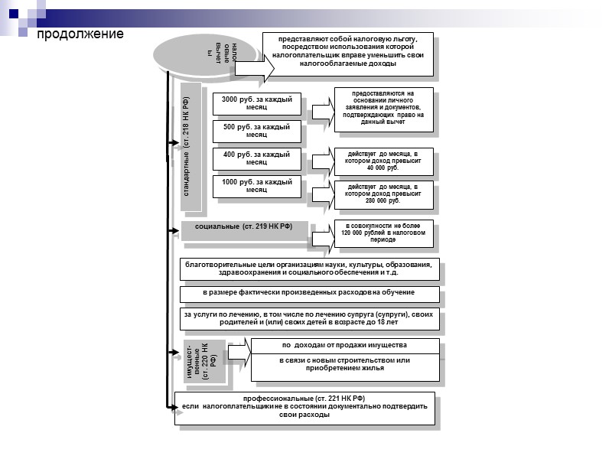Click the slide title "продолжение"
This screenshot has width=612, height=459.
(x=76, y=35)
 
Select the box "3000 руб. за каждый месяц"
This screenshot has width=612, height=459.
(x=257, y=103)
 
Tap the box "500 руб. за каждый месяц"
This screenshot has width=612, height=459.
(x=257, y=131)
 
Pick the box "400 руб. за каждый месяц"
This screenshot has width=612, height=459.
(x=257, y=158)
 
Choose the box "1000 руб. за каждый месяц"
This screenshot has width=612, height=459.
(x=257, y=186)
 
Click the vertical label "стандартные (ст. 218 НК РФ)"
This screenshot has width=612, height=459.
(x=192, y=148)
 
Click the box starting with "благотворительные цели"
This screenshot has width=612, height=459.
(x=309, y=270)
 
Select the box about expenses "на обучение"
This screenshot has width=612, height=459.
(x=309, y=293)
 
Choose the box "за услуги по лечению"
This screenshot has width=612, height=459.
(x=309, y=319)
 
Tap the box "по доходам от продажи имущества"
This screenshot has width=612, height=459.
(x=343, y=346)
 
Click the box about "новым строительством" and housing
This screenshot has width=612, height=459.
(x=343, y=366)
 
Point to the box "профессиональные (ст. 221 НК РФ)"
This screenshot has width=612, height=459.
(x=304, y=407)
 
